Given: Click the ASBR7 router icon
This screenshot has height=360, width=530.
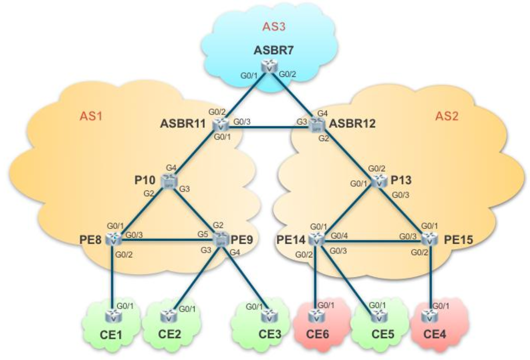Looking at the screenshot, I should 267,67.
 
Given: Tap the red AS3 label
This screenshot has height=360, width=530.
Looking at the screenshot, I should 274,27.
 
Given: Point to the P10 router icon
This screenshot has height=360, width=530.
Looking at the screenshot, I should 168,181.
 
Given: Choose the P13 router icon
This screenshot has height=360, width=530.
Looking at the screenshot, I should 379,181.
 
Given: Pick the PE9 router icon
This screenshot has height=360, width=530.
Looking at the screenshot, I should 220,239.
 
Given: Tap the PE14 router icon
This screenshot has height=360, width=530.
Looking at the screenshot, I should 316,239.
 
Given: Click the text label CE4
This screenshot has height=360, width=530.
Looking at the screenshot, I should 435,337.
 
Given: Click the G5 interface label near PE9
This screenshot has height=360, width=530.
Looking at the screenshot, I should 202,234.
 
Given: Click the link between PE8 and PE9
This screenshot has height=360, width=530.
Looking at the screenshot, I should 166,239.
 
